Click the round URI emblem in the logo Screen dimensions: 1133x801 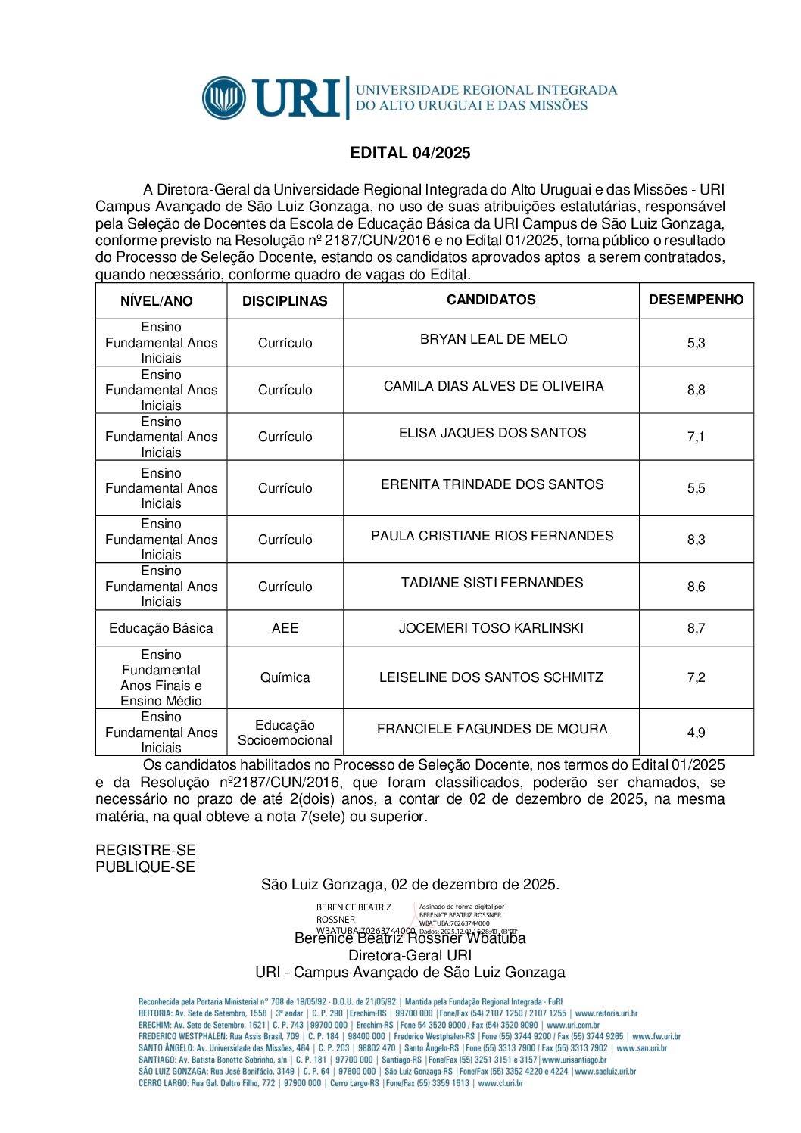click(224, 98)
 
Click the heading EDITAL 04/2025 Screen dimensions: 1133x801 click(410, 153)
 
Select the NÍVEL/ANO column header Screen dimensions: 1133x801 click(157, 301)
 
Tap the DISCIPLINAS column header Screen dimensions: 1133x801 click(285, 301)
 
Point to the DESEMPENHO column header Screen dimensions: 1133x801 click(696, 300)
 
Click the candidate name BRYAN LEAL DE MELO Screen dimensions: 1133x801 click(494, 339)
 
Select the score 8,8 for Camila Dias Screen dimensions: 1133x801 click(696, 390)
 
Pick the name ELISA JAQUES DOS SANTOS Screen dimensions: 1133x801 click(492, 433)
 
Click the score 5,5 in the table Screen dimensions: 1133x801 click(696, 488)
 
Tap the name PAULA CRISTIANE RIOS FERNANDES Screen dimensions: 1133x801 click(492, 536)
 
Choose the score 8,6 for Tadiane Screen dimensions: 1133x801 click(696, 587)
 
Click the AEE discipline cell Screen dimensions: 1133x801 click(285, 628)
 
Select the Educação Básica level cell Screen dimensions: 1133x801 click(161, 628)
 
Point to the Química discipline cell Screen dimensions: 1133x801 click(285, 677)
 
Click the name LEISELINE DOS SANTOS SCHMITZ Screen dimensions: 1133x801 click(491, 677)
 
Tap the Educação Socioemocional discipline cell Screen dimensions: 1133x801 click(285, 733)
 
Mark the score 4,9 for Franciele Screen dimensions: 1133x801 click(696, 733)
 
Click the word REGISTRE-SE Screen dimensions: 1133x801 click(145, 850)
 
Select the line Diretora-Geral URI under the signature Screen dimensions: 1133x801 click(410, 955)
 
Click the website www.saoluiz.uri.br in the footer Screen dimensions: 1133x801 click(605, 1072)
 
